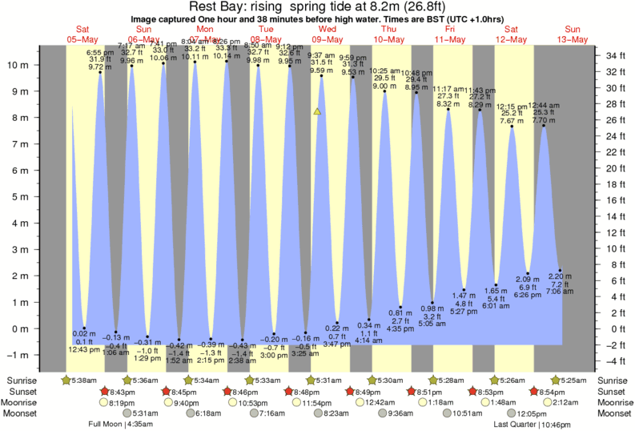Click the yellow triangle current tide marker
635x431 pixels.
pos(318,112)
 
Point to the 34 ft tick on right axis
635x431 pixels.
pos(614,55)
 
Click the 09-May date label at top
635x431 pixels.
pos(328,38)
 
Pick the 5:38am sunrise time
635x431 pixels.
pos(82,380)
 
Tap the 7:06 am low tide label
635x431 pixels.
pos(560,293)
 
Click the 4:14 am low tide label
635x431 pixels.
pos(369,340)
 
